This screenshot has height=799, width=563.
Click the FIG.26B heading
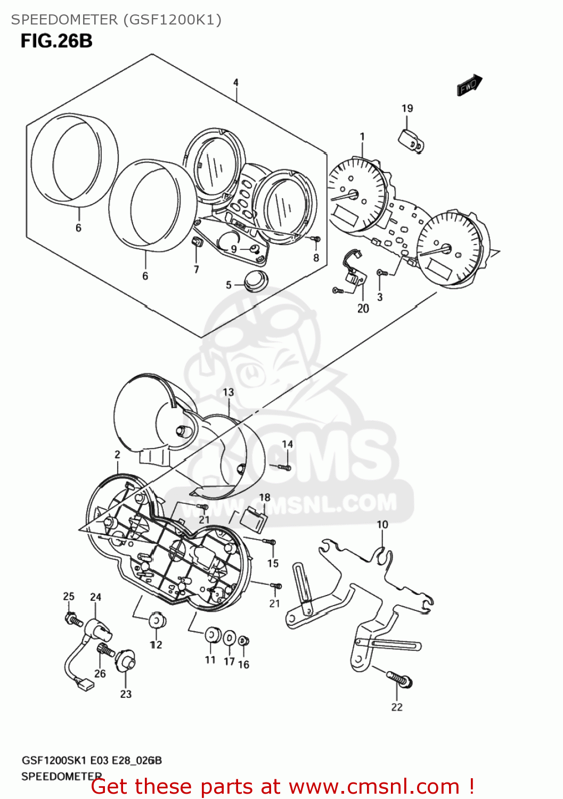56,41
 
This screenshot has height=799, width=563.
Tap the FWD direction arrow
469,85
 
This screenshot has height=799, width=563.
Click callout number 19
407,108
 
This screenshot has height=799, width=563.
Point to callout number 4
235,83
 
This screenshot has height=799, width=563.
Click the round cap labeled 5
256,281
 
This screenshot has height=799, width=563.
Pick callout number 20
363,308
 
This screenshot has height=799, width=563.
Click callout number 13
228,392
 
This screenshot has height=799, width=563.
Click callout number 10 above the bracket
382,525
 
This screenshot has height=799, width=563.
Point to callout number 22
397,707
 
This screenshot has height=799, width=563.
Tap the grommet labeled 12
156,621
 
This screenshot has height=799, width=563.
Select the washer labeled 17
229,638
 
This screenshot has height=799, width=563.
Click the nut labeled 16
243,641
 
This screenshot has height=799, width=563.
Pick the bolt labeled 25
72,620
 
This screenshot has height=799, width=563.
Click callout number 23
126,694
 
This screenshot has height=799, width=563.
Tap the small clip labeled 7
197,242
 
